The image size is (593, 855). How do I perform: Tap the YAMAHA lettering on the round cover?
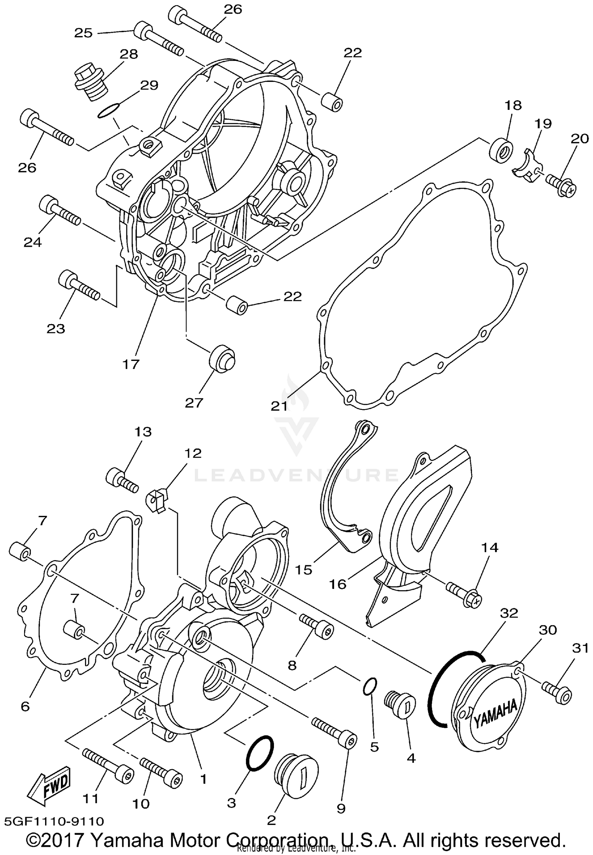tap(495, 713)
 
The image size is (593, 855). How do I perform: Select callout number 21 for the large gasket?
tap(279, 406)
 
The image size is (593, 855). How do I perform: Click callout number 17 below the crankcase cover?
tap(131, 364)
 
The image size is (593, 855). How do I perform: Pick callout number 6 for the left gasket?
tap(25, 706)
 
